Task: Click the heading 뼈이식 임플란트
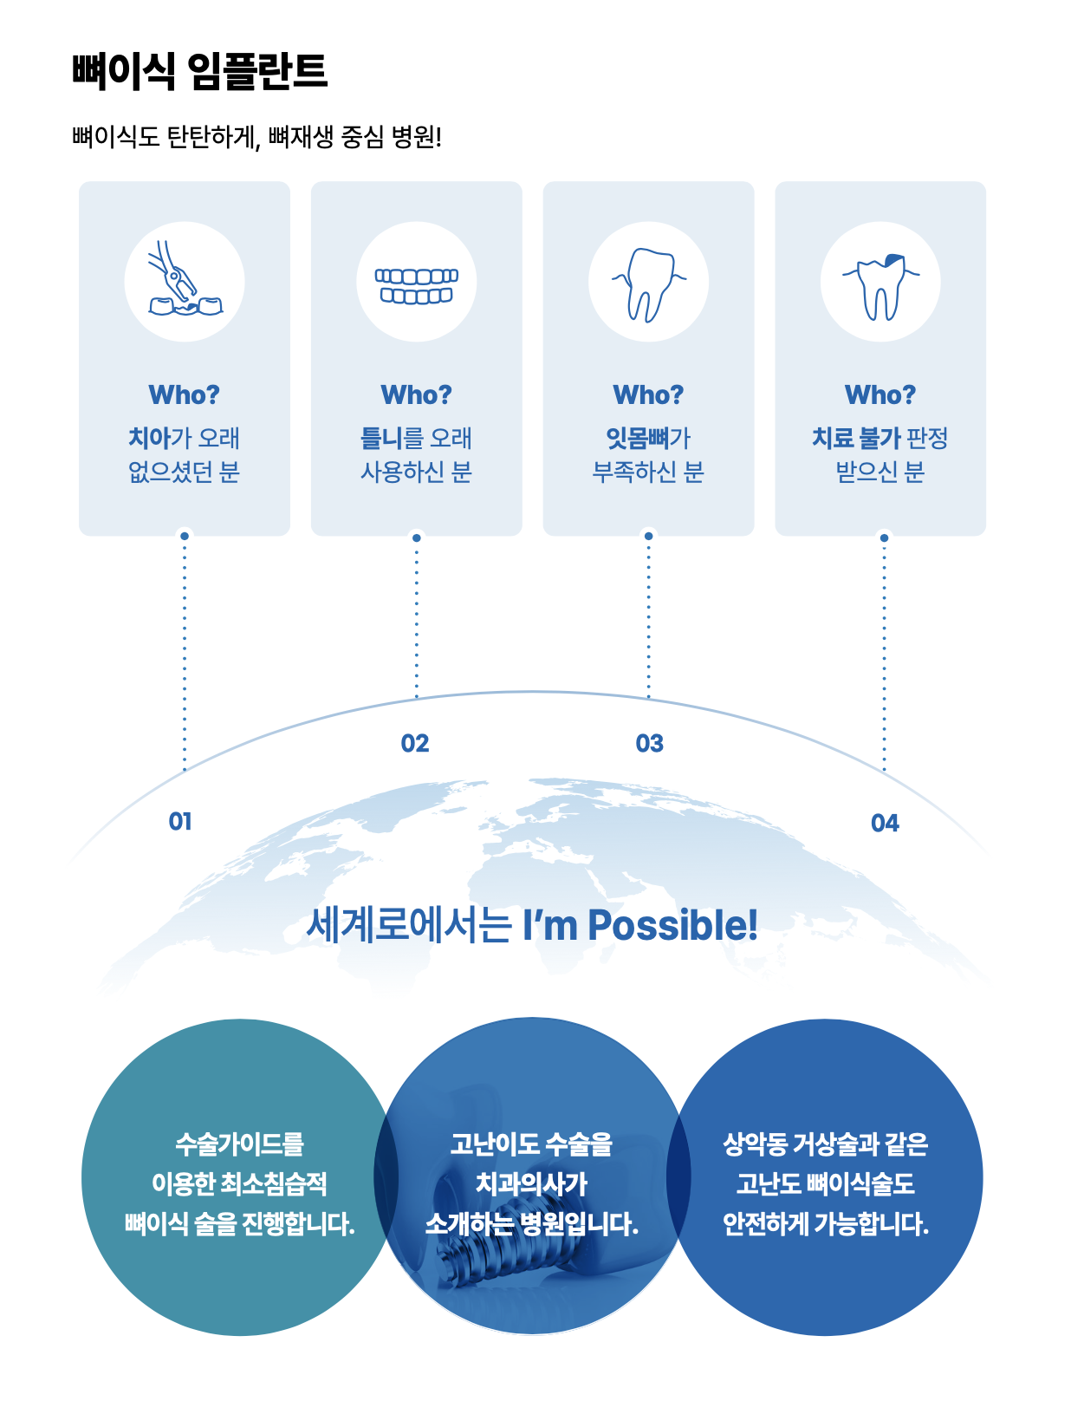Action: coord(199,71)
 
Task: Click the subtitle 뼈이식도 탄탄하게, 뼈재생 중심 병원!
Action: coord(256,137)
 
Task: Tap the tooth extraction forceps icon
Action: coord(184,282)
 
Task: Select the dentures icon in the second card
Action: coord(416,285)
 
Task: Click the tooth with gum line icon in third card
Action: coord(648,283)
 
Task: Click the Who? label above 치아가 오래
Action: coord(184,394)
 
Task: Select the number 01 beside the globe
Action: coord(180,821)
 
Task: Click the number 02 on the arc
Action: coord(415,743)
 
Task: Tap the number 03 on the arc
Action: coord(649,743)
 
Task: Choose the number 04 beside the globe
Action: coord(885,823)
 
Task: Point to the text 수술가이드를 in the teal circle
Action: coord(239,1144)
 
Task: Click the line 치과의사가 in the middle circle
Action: coord(531,1183)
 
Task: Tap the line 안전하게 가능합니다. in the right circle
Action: coord(825,1224)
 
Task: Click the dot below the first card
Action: coord(184,536)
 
